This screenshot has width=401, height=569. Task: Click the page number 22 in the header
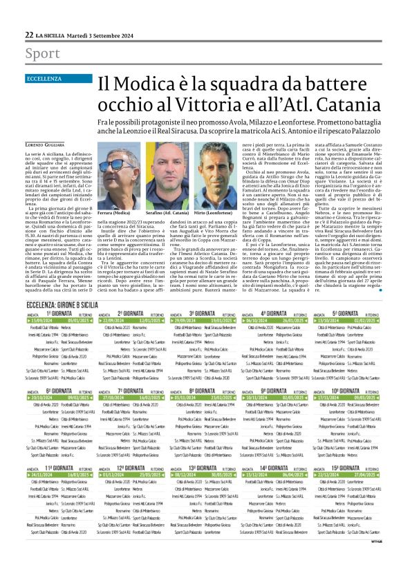[x=30, y=35]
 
